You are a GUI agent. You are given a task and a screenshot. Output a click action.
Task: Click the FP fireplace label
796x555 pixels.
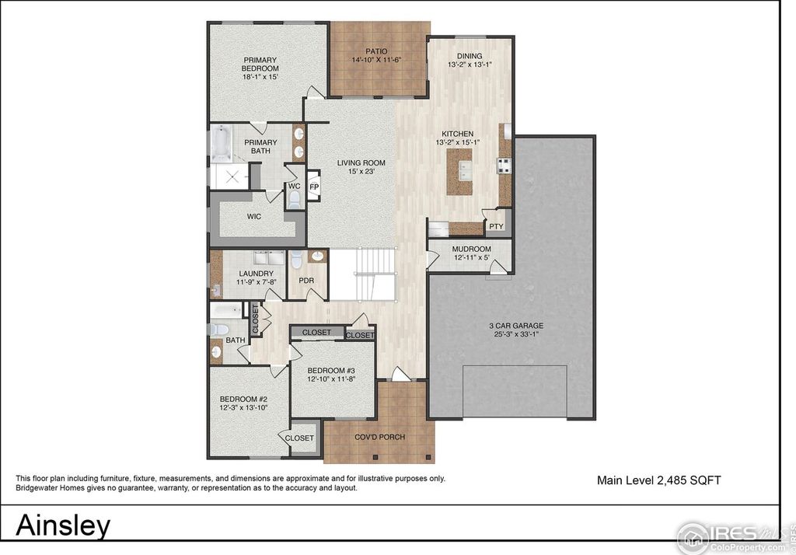tap(314, 187)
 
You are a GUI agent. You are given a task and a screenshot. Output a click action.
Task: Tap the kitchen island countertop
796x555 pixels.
tap(459, 172)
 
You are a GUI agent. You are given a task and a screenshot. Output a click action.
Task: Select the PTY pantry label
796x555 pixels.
tap(496, 226)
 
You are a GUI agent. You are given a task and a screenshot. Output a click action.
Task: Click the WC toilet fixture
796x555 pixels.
tap(294, 200)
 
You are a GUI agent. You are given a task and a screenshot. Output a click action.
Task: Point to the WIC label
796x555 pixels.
tap(254, 216)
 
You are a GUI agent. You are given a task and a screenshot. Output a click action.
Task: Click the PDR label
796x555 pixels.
tap(306, 281)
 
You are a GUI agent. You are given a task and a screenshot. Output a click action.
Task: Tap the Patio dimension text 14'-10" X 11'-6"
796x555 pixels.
tap(377, 60)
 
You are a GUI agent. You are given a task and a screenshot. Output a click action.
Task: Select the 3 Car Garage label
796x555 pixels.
tap(516, 326)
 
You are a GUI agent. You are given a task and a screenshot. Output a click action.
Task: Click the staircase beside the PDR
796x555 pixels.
tap(362, 274)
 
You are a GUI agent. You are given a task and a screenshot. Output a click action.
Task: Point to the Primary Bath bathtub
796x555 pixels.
tap(221, 144)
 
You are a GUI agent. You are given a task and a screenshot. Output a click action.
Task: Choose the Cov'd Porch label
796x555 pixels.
tap(379, 437)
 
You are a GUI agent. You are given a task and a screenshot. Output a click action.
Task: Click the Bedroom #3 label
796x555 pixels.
tap(331, 370)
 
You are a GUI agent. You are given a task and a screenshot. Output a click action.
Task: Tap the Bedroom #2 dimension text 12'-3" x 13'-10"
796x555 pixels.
tap(243, 407)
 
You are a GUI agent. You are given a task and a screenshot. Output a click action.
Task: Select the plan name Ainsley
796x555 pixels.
tap(63, 525)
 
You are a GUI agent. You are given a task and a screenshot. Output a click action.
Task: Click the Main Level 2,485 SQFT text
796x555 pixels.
tap(659, 480)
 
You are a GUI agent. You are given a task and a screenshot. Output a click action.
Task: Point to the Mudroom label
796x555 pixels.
tap(472, 249)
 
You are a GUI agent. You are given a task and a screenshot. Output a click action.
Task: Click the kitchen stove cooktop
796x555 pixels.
tap(504, 165)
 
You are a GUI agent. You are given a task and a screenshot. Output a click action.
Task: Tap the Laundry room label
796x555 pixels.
tap(257, 273)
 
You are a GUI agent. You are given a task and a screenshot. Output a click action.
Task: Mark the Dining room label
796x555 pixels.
tap(470, 56)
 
